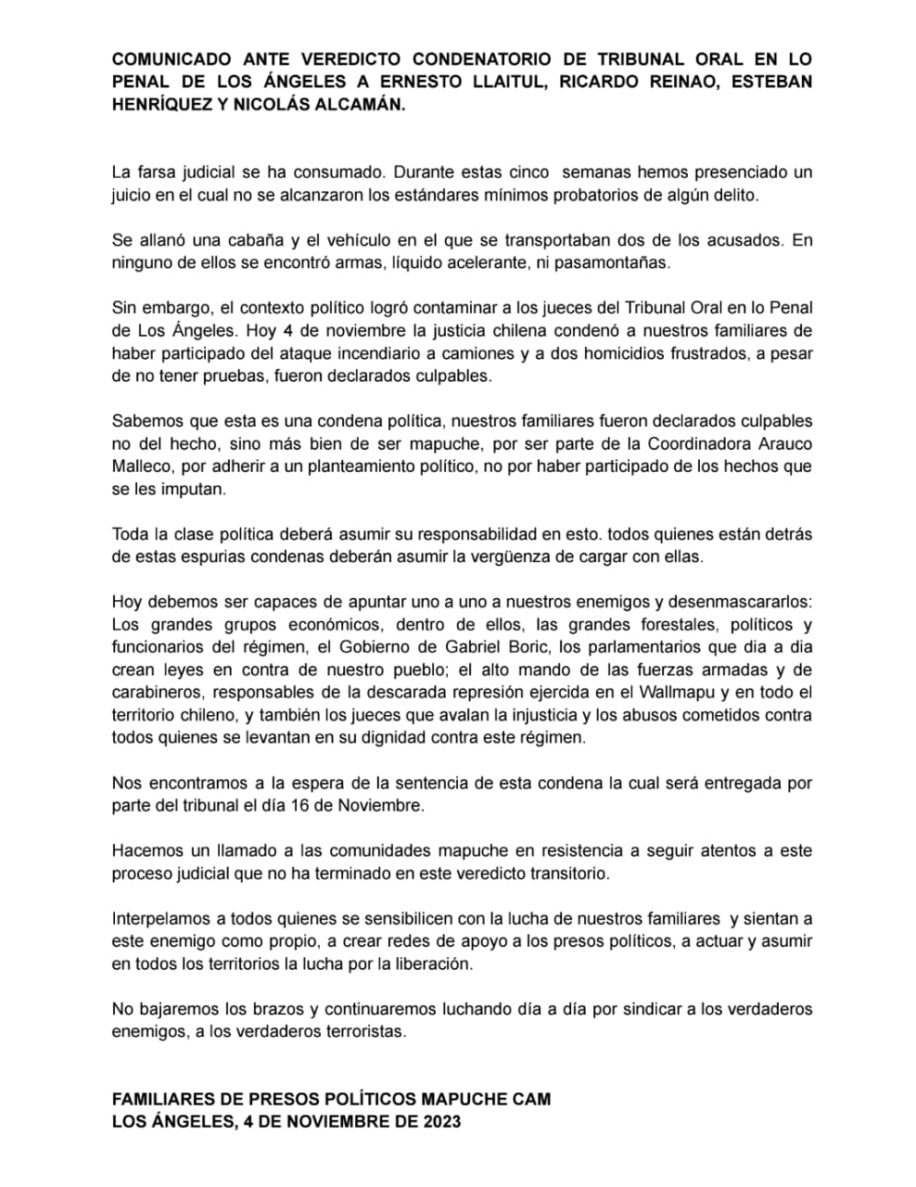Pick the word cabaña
coord(256,240)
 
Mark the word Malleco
coord(141,466)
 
